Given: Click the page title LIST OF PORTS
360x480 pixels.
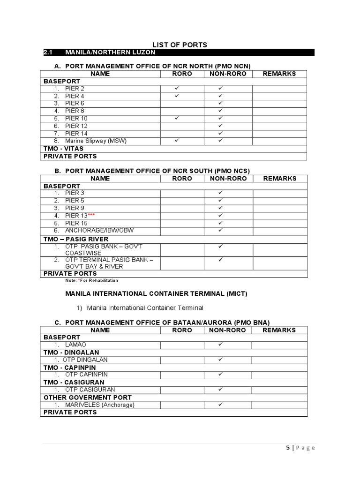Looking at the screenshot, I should [x=178, y=45].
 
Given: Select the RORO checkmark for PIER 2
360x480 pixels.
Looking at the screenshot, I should [x=177, y=88].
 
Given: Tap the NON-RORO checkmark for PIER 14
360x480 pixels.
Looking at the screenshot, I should [x=220, y=133].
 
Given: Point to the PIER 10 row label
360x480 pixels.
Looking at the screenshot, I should [x=76, y=119].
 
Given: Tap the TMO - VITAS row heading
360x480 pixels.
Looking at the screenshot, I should [x=63, y=149].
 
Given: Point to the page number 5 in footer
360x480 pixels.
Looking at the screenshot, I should [x=288, y=448].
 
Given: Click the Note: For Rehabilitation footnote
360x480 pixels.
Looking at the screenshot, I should [x=92, y=281].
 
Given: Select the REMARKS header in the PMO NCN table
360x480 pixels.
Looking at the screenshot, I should [x=279, y=74].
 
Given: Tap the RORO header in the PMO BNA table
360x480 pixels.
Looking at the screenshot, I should [x=182, y=330].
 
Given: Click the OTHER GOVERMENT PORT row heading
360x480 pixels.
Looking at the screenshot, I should [x=87, y=397].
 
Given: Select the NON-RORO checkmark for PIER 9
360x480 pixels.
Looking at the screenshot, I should [x=220, y=208].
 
